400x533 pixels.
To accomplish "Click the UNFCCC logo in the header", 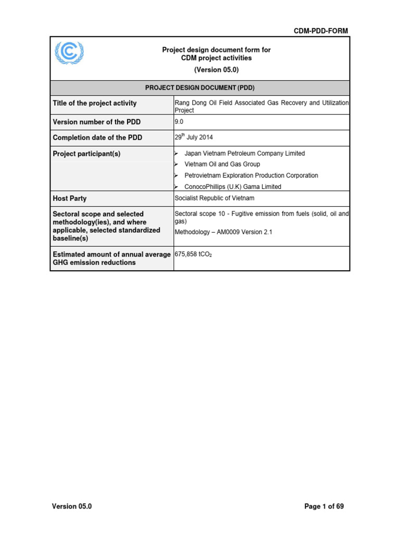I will tap(69, 53).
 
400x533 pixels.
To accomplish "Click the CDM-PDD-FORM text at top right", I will tap(321, 31).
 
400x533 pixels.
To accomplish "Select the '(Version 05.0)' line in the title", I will tap(216, 70).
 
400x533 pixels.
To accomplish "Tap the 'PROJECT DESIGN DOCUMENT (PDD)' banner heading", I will tap(200, 88).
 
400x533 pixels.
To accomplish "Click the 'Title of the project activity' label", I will tap(95, 103).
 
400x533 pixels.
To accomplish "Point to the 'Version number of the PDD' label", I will tap(97, 122).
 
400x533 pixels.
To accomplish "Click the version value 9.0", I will tap(180, 121).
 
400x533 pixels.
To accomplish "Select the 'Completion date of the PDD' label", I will tap(97, 138).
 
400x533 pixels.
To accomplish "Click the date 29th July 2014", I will tap(194, 137).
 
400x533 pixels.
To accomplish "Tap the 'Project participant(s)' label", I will tap(86, 154).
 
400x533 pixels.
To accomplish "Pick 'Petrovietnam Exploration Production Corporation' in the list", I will tap(251, 175).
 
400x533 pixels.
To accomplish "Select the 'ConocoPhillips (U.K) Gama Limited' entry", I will tap(233, 186).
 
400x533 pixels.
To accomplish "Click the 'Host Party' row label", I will tap(70, 199).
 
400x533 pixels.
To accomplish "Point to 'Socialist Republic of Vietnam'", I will tap(215, 198).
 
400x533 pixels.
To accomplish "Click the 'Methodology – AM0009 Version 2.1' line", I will tap(223, 232).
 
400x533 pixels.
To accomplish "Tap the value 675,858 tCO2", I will tap(193, 255).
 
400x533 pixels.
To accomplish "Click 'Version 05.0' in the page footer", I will tap(72, 506).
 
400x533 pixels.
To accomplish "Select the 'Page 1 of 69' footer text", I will tap(324, 506).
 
